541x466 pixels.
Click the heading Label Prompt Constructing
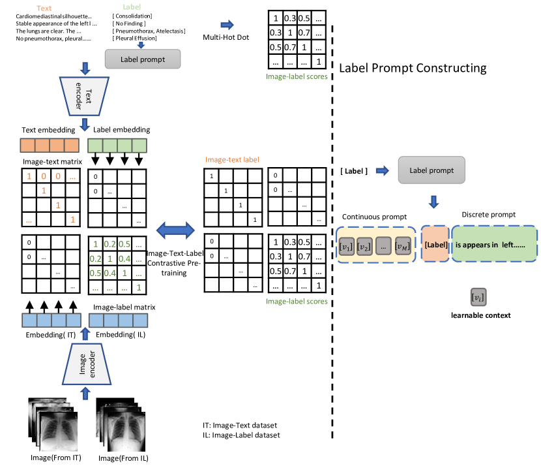(x=413, y=68)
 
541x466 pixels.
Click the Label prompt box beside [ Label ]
(x=431, y=170)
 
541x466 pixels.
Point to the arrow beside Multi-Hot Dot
(x=227, y=25)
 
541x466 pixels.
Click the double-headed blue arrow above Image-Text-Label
(x=176, y=229)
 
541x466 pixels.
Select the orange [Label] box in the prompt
(x=434, y=244)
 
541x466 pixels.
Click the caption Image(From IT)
(x=55, y=458)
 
